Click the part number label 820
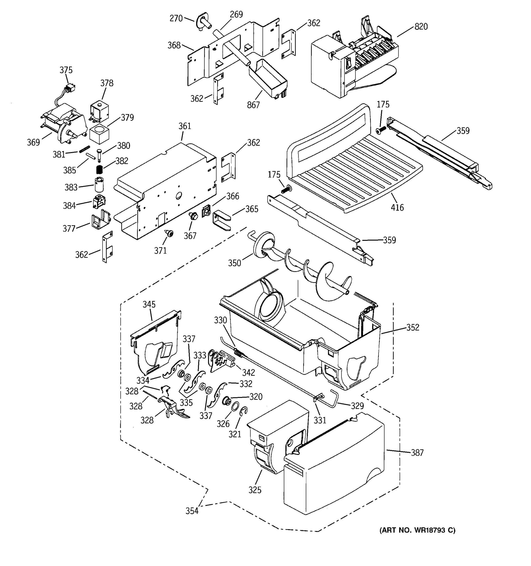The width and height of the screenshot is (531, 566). click(421, 26)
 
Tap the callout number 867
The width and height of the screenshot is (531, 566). click(253, 105)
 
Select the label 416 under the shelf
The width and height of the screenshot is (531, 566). click(397, 207)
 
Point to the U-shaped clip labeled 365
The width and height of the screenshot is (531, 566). click(221, 220)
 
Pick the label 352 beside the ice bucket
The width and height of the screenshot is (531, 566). click(413, 327)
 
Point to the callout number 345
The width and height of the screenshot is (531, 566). click(149, 304)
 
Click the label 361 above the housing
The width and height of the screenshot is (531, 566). click(185, 126)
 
